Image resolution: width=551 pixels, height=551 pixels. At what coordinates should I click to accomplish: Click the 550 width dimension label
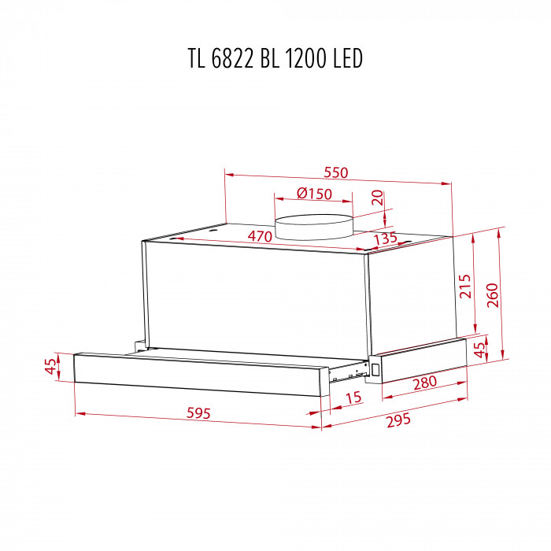coord(336,172)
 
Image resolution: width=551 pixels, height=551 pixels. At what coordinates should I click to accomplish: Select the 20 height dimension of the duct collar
coord(378,198)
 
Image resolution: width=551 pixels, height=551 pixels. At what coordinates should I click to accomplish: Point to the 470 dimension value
coord(261,236)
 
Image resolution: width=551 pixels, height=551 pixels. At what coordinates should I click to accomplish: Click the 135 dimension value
coord(385,239)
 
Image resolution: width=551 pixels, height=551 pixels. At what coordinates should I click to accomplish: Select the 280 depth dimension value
coord(423,385)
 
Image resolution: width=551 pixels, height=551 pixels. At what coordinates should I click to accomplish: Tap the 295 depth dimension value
coord(400,420)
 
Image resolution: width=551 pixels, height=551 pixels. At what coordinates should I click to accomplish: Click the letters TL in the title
coord(198,59)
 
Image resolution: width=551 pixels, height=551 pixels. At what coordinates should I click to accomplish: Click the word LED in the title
coord(349,59)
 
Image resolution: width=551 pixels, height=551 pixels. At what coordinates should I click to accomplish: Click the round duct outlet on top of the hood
coord(313,226)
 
